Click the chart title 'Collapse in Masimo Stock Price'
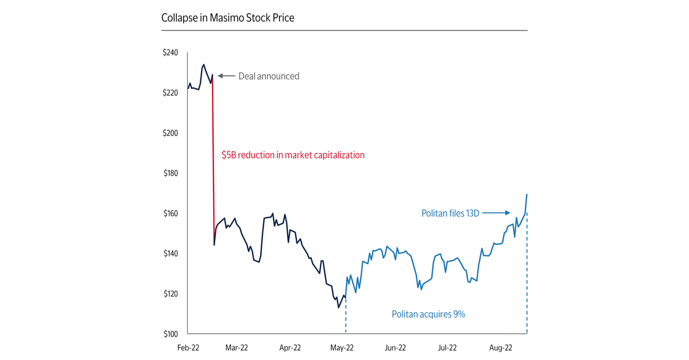(x=228, y=18)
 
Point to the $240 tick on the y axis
(x=171, y=53)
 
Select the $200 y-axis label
(x=171, y=133)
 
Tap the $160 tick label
(x=171, y=214)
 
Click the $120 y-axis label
(x=171, y=294)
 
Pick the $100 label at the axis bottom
(x=171, y=334)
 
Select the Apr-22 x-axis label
(x=290, y=347)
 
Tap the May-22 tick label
(x=343, y=347)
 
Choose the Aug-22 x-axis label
(x=501, y=347)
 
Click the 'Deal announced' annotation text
(x=269, y=76)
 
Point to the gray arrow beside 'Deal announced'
(x=226, y=76)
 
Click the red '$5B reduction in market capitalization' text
(x=293, y=155)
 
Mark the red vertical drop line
(x=213, y=161)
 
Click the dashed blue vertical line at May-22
(x=346, y=316)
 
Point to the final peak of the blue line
(x=527, y=195)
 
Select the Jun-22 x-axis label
(x=395, y=347)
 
